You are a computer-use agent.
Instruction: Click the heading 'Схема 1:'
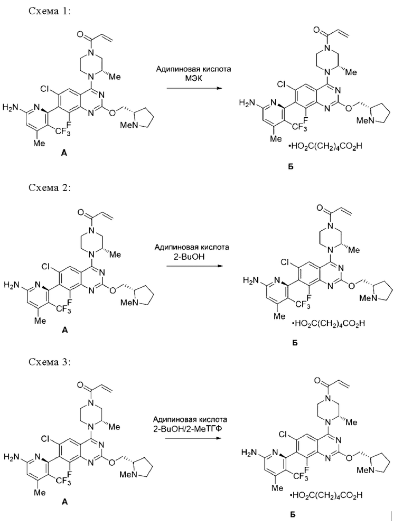coord(50,11)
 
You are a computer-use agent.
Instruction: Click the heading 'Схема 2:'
coord(50,187)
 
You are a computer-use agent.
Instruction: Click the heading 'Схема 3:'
coord(50,362)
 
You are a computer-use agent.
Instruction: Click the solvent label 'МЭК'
coord(193,78)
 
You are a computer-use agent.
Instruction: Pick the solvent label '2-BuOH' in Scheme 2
coord(191,256)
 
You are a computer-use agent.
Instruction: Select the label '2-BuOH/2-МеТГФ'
coord(190,429)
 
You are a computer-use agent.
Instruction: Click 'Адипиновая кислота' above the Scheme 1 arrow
coord(194,69)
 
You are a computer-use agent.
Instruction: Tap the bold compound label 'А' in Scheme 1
coord(64,154)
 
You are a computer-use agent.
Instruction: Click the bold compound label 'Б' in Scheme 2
coord(295,343)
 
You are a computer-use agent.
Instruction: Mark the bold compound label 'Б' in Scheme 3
coord(292,514)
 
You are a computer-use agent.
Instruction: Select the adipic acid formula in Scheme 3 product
coord(326,495)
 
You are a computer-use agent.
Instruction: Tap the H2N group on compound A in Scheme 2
coord(11,285)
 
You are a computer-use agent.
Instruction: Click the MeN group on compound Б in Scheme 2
coord(367,298)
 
